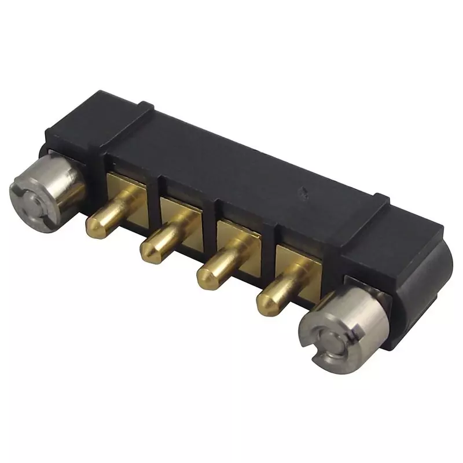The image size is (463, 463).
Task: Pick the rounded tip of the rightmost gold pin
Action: tap(266, 301)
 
